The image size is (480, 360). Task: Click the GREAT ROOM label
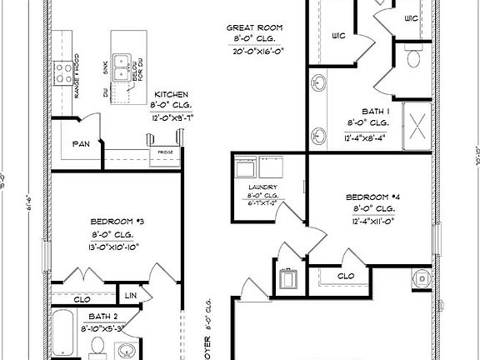[255, 27]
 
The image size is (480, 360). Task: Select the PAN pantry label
[81, 144]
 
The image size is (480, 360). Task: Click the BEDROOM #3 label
[117, 222]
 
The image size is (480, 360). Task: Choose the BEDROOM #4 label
[372, 197]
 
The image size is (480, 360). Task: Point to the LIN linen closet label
[130, 296]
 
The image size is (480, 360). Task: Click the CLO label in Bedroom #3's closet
[82, 298]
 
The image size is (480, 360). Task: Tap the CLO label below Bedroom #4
[346, 276]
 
